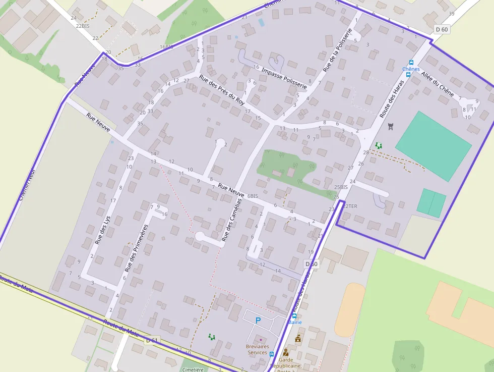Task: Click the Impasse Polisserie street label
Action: tap(284, 76)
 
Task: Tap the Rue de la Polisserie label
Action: tap(337, 50)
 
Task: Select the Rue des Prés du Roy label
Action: tap(222, 90)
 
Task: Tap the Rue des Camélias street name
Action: tap(231, 219)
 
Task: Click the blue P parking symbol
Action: tap(258, 320)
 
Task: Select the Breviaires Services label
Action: tap(257, 349)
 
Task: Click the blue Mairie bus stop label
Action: tap(295, 322)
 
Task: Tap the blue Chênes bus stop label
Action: tap(411, 69)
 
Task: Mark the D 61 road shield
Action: tap(152, 340)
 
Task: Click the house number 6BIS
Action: tap(253, 195)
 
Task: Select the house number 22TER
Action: tap(349, 206)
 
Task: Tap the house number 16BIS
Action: tap(166, 47)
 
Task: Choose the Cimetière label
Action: tap(192, 369)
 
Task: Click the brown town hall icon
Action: tap(298, 339)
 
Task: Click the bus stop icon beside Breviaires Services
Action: tap(272, 354)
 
